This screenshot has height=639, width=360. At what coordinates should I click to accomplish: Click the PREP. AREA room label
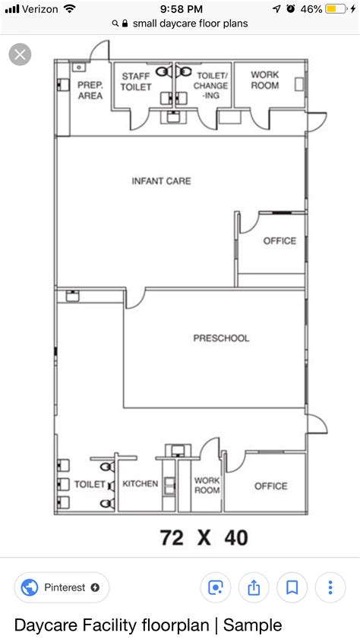90,91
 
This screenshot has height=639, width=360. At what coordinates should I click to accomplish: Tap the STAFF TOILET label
135,82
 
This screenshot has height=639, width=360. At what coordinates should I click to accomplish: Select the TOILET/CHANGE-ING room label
211,86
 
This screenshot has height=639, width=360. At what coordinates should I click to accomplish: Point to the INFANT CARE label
161,181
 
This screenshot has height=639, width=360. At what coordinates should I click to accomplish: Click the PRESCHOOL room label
220,338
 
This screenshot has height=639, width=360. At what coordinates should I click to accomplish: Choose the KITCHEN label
141,483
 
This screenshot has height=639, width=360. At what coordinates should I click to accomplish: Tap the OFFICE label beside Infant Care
279,241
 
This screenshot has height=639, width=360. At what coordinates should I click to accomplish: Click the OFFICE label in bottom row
270,486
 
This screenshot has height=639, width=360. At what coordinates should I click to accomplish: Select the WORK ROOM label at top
265,80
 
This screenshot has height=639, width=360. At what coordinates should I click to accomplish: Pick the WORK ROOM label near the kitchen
207,485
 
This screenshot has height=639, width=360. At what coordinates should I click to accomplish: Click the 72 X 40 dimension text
204,538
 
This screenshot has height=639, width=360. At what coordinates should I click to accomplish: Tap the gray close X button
20,55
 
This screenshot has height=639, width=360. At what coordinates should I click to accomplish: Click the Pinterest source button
62,587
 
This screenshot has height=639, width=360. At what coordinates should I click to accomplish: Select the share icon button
254,587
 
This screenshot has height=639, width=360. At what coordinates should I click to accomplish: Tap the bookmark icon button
292,587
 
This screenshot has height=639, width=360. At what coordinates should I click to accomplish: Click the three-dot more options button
330,587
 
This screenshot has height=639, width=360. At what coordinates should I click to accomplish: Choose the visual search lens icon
216,587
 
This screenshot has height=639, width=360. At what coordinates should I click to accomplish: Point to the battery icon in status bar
335,9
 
